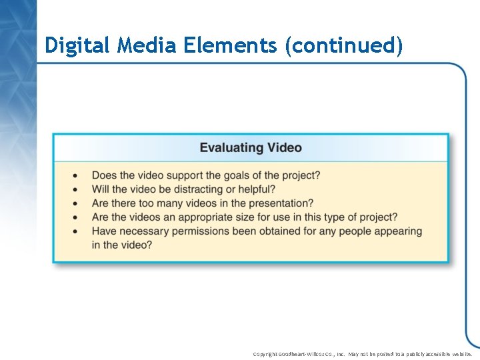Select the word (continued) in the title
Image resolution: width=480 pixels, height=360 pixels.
pyautogui.click(x=344, y=45)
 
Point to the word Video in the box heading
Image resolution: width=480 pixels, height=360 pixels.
pyautogui.click(x=284, y=147)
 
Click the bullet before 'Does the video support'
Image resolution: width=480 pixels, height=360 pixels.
pyautogui.click(x=75, y=176)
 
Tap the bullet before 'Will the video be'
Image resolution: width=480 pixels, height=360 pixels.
pyautogui.click(x=75, y=190)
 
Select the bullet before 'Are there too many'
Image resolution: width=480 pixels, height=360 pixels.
pyautogui.click(x=75, y=204)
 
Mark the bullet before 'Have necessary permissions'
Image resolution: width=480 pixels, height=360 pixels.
pyautogui.click(x=75, y=231)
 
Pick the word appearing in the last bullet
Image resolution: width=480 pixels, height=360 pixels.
pyautogui.click(x=397, y=231)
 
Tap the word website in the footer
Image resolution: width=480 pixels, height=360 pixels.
pyautogui.click(x=461, y=354)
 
